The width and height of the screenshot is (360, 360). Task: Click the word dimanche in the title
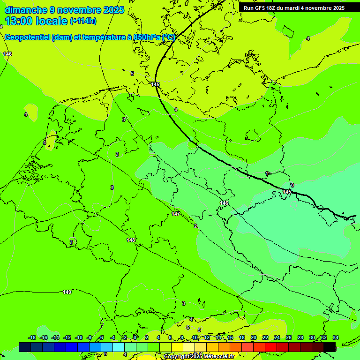[26, 9]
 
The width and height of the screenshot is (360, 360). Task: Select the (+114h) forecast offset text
[83, 21]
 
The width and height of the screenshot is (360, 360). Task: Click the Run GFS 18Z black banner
[294, 8]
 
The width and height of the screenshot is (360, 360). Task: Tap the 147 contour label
[176, 214]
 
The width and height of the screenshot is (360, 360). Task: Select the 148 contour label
[131, 240]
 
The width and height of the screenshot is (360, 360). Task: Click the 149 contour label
[67, 292]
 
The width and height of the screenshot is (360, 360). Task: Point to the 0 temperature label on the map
[292, 186]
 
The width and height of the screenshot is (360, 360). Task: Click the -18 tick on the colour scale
[32, 337]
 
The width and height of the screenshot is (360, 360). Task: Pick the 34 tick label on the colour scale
[336, 337]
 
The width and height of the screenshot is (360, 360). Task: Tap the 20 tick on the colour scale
[254, 337]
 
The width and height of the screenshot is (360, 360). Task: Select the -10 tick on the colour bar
[79, 337]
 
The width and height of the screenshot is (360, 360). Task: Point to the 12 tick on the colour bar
[207, 337]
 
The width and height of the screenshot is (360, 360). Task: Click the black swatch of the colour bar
[330, 347]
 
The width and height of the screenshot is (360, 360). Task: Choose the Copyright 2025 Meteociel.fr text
[199, 357]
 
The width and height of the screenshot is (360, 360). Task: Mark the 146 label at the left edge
[7, 54]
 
